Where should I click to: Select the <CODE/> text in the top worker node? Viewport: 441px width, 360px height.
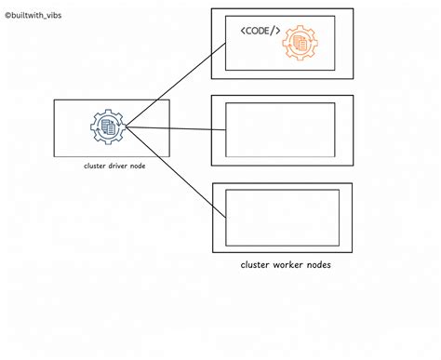pyautogui.click(x=260, y=32)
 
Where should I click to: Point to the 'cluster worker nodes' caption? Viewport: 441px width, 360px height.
pyautogui.click(x=286, y=265)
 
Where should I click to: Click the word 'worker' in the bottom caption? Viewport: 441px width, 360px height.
pyautogui.click(x=287, y=265)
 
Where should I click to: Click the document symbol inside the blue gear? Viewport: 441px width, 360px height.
pyautogui.click(x=108, y=127)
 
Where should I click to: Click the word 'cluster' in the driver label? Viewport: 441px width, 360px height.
pyautogui.click(x=93, y=167)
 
